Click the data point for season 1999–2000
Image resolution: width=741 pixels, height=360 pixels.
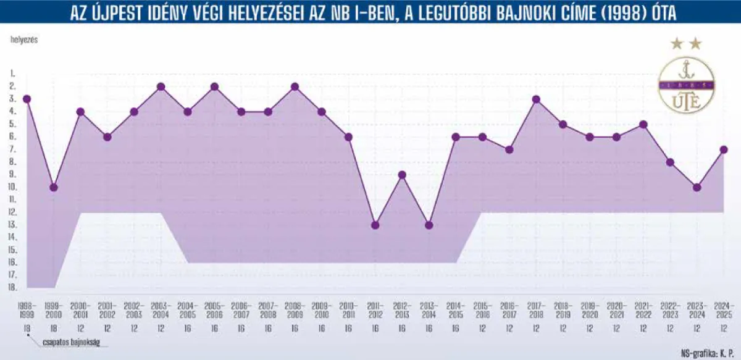point(54,187)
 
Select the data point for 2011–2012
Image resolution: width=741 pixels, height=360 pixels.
point(375,225)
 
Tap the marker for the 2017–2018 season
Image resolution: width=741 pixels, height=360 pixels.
point(536,99)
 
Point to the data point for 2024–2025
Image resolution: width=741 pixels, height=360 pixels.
point(724,149)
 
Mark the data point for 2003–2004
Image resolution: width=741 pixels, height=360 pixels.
point(161,86)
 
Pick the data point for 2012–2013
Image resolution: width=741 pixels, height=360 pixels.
point(402,175)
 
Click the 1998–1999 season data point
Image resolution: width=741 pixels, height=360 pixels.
point(27,99)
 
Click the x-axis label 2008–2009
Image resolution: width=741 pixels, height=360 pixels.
point(295,310)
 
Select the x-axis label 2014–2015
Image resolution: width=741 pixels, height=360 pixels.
point(456,310)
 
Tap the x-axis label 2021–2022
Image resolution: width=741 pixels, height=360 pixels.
point(643,310)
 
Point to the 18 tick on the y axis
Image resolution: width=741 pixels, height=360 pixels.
point(12,288)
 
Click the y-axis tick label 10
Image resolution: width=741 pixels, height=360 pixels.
point(12,187)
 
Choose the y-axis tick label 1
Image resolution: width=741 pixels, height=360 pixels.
point(12,73)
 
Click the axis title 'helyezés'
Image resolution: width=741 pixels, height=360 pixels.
point(23,40)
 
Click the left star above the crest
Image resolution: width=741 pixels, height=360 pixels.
point(676,43)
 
